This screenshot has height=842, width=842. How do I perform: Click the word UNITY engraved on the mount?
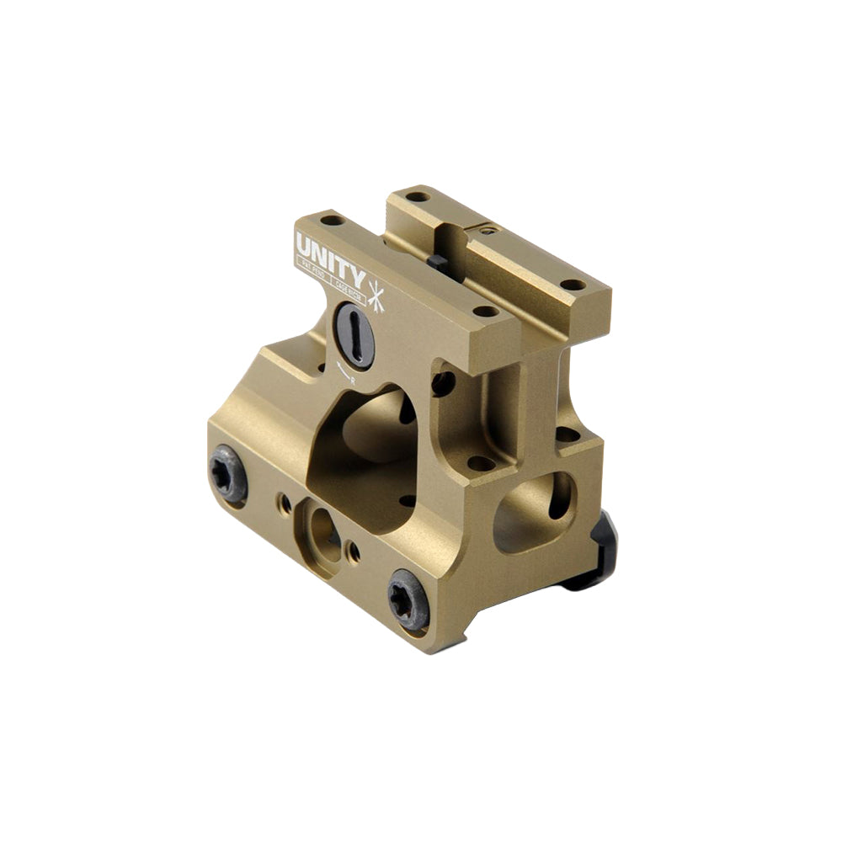coord(330,253)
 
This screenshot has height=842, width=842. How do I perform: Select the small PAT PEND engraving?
coord(312,266)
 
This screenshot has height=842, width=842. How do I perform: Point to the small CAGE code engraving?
coord(348,286)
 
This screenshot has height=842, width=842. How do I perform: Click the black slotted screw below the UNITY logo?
coord(354,333)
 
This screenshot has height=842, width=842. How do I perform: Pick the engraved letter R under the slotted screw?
coord(352,381)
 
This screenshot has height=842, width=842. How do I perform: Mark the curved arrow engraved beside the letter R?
coord(340,370)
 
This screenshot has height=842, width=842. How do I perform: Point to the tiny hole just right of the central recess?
coord(354,552)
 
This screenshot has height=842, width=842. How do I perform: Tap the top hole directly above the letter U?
coord(334,221)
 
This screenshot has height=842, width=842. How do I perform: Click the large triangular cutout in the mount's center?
coord(366,459)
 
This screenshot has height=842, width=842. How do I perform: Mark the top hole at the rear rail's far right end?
coord(573,285)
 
